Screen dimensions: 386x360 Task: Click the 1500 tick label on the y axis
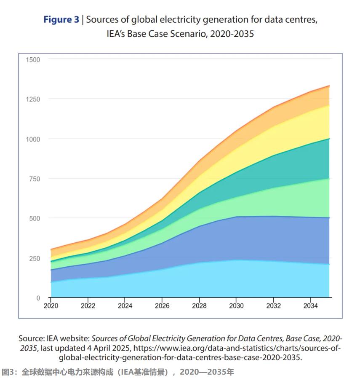point(33,59)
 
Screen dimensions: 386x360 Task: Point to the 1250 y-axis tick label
point(33,99)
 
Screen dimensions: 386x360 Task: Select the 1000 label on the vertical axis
point(33,139)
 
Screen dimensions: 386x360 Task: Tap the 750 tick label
point(35,179)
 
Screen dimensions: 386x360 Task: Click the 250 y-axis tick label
point(35,258)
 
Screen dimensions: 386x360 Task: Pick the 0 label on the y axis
point(38,298)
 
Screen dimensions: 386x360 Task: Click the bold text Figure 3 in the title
point(61,20)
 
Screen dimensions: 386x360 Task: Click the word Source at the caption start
point(32,338)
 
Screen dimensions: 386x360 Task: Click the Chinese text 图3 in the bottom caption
point(8,373)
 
